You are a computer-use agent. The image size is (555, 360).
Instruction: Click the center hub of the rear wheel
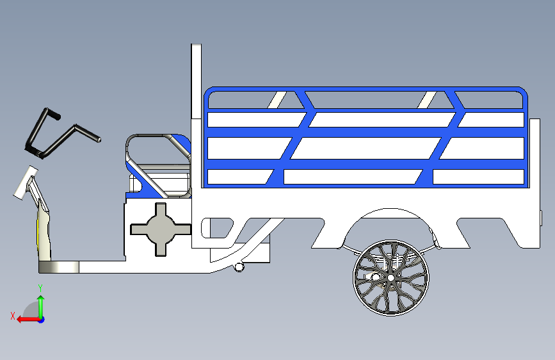[390, 278]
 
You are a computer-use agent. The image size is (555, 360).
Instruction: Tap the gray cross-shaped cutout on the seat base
[160, 229]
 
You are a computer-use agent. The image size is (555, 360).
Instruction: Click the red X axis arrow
[23, 319]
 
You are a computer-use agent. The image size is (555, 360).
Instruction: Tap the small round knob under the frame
[239, 266]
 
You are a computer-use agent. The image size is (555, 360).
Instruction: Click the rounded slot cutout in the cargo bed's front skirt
[217, 227]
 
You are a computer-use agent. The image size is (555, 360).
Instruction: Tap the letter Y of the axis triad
[40, 288]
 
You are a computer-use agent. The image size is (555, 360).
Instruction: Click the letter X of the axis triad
[12, 316]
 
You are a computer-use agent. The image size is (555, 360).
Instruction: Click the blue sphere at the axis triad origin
[41, 319]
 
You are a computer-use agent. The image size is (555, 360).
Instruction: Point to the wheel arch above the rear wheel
[390, 215]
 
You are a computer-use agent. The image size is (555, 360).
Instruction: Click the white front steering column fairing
[43, 224]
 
